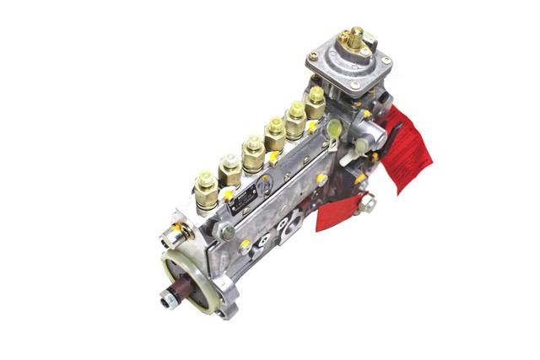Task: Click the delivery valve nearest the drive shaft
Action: pos(205,191)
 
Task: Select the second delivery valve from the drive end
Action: pos(229,171)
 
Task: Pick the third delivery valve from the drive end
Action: pos(253,153)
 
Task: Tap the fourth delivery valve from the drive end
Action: pos(275,132)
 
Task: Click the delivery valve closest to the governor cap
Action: pos(316,101)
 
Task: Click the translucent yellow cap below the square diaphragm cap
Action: pos(334,129)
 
